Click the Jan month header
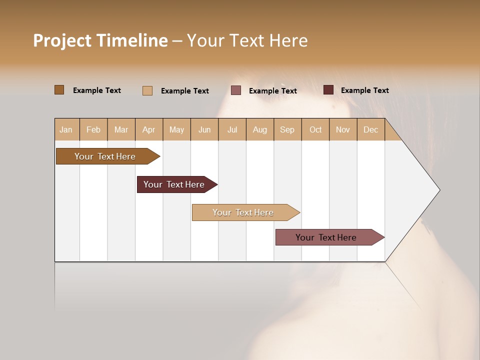[x=66, y=129]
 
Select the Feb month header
[x=93, y=129]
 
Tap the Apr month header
[x=148, y=129]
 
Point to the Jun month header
[x=204, y=129]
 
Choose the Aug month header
[x=259, y=129]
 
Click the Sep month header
[x=287, y=129]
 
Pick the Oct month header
[x=315, y=129]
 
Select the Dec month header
[x=370, y=129]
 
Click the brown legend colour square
[x=59, y=90]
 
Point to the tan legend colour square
[x=147, y=90]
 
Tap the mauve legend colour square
[x=236, y=90]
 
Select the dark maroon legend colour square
[x=328, y=90]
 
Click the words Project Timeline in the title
[x=100, y=40]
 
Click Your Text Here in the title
[x=247, y=40]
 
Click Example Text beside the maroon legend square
[x=364, y=90]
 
